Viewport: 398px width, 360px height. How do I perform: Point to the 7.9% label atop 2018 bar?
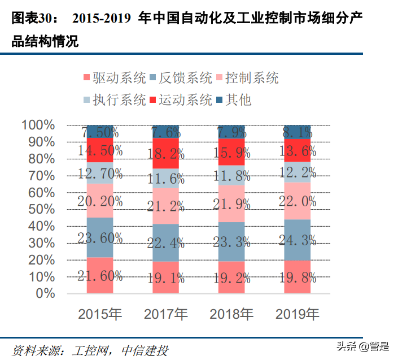(x=232, y=132)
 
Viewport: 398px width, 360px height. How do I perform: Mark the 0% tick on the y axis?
(x=45, y=293)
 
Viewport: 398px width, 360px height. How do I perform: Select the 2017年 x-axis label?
(x=166, y=314)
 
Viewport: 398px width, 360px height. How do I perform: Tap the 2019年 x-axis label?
(x=298, y=314)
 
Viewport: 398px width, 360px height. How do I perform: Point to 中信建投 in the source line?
(x=145, y=350)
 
